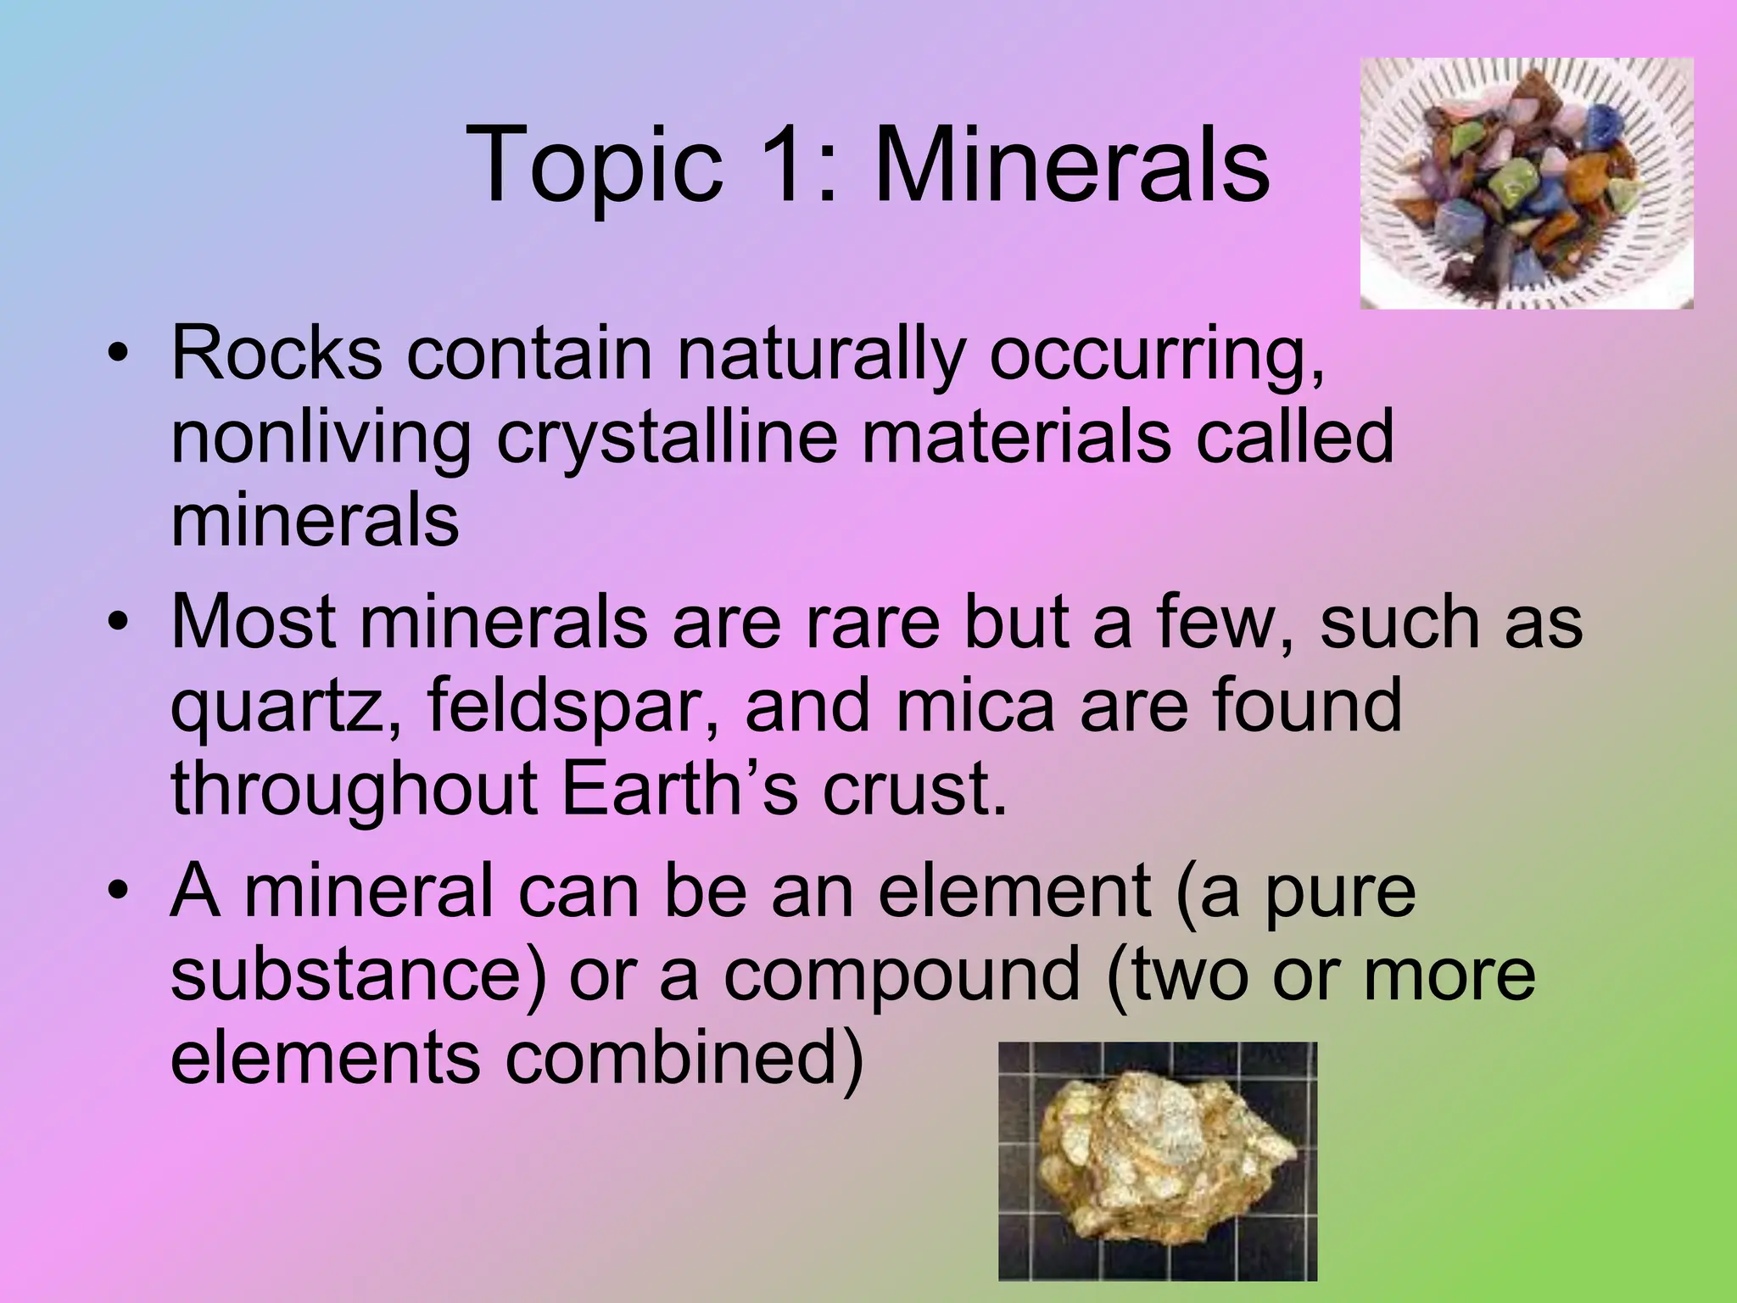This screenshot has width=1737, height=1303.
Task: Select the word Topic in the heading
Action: click(x=594, y=166)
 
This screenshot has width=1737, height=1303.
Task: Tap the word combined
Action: click(x=684, y=1057)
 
